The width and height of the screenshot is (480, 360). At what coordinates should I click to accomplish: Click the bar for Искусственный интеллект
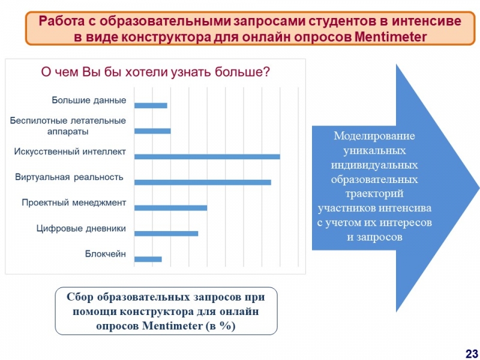click(207, 157)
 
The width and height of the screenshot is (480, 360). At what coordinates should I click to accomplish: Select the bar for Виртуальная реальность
click(203, 182)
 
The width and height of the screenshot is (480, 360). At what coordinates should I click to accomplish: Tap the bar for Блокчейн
click(148, 259)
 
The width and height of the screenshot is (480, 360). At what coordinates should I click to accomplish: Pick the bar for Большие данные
click(151, 106)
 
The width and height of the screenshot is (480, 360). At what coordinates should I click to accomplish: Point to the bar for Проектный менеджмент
click(170, 208)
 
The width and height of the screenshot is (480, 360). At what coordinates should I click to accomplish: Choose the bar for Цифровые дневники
click(166, 233)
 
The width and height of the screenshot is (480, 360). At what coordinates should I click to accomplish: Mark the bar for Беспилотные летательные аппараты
click(152, 131)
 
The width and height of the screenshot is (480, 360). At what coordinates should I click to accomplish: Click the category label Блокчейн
click(106, 254)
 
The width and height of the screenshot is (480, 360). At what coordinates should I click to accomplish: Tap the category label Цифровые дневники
click(81, 229)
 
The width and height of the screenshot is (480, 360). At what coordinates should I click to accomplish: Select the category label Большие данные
click(89, 100)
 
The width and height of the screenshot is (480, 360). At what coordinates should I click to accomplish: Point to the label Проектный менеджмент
click(74, 203)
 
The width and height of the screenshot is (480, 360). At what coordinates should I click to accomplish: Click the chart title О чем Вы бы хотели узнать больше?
click(155, 72)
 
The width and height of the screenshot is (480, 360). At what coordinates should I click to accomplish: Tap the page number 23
click(472, 353)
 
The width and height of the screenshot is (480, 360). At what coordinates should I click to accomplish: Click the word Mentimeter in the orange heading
click(391, 37)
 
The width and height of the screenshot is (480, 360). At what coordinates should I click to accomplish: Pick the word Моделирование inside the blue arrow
click(374, 136)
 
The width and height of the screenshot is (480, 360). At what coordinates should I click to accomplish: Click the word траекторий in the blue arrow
click(374, 193)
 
